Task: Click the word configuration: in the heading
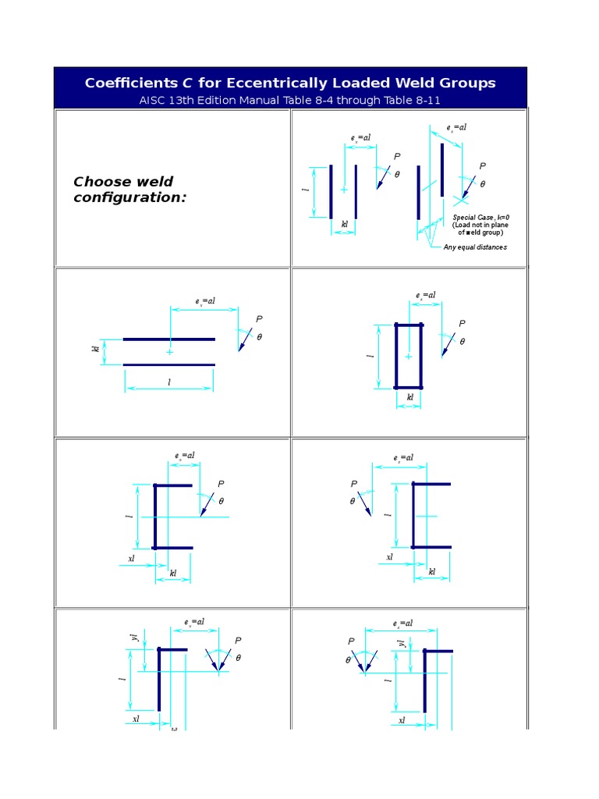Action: (x=130, y=197)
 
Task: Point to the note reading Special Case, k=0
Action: (x=481, y=217)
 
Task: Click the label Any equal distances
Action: (x=475, y=247)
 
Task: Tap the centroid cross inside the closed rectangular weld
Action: (x=408, y=356)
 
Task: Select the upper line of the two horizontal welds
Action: (x=168, y=339)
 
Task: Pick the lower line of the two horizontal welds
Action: (x=168, y=364)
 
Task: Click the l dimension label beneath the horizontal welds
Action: (x=169, y=382)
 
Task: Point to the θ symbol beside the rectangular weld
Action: (x=462, y=342)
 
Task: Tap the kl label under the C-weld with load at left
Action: (x=431, y=571)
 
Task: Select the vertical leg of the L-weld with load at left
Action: (x=425, y=680)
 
